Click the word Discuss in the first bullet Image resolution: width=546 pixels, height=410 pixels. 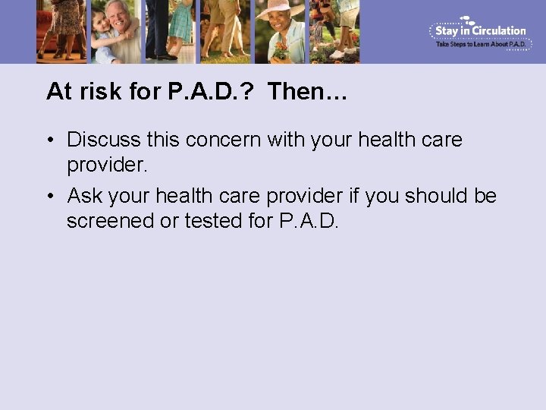click(103, 140)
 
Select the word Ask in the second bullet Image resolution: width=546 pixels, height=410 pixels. click(85, 196)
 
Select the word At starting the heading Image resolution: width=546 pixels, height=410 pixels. click(59, 92)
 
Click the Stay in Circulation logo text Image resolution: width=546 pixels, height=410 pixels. click(480, 31)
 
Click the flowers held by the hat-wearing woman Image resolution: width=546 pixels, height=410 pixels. click(281, 52)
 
